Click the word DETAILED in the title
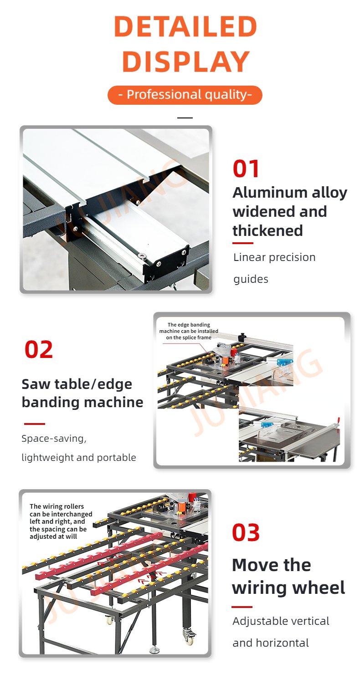pyautogui.click(x=185, y=26)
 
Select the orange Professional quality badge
pyautogui.click(x=185, y=95)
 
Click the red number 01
pyautogui.click(x=246, y=169)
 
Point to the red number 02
pyautogui.click(x=39, y=350)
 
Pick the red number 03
pyautogui.click(x=246, y=532)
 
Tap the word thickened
pyautogui.click(x=267, y=231)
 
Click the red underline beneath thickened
pyautogui.click(x=242, y=243)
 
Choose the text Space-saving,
pyautogui.click(x=54, y=439)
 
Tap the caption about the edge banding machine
pyautogui.click(x=189, y=331)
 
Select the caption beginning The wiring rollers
pyautogui.click(x=61, y=521)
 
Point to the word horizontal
pyautogui.click(x=283, y=643)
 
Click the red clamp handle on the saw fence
pyautogui.click(x=339, y=420)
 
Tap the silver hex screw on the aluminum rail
pyautogui.click(x=141, y=256)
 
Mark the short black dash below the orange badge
pyautogui.click(x=185, y=118)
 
